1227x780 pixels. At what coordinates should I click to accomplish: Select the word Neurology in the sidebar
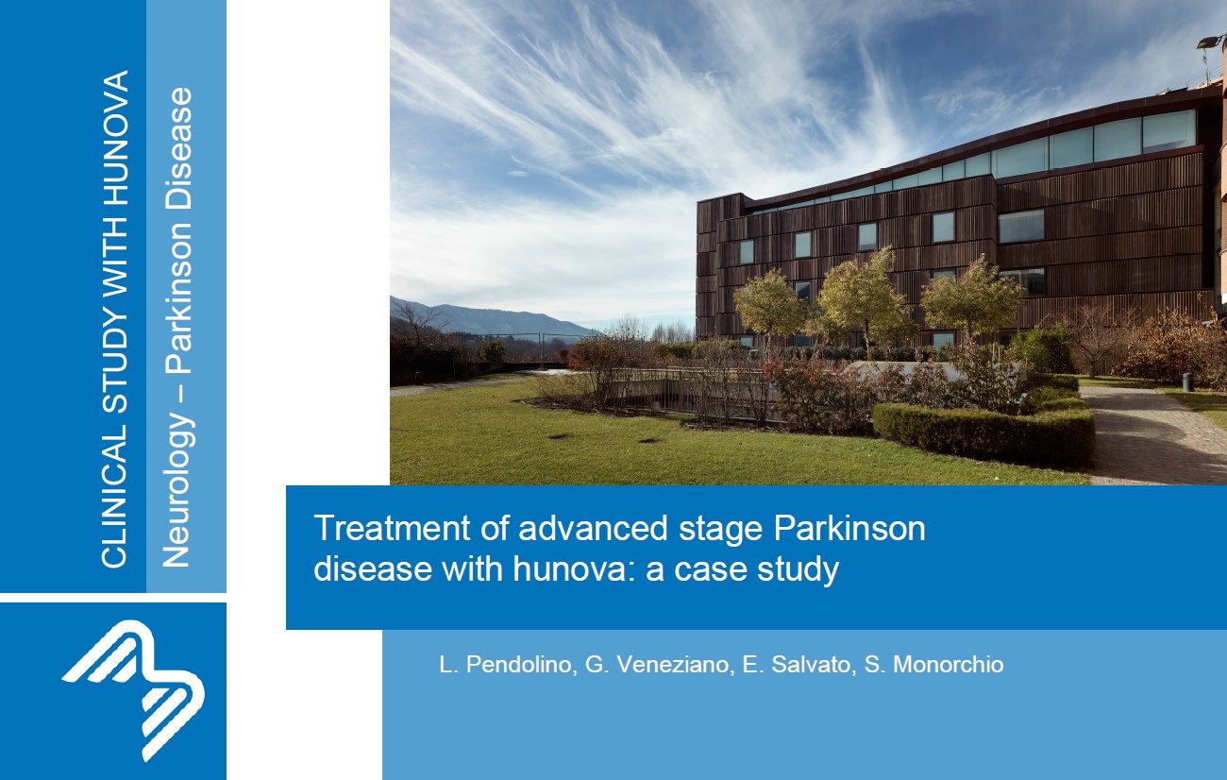point(177,489)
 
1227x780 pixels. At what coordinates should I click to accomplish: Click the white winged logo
point(134,690)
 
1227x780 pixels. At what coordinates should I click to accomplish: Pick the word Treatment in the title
point(393,528)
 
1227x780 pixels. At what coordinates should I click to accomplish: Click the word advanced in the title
point(593,528)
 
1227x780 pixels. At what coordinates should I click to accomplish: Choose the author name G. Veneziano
point(660,665)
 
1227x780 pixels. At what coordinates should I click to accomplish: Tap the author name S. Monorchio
point(934,665)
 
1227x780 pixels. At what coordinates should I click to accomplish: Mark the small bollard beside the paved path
point(1187,382)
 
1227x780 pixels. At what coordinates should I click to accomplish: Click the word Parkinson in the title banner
point(849,528)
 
